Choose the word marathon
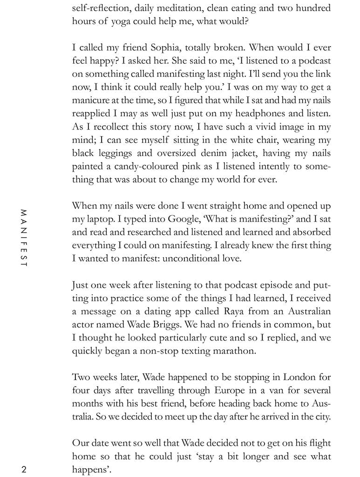(233, 350)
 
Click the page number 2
(24, 469)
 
